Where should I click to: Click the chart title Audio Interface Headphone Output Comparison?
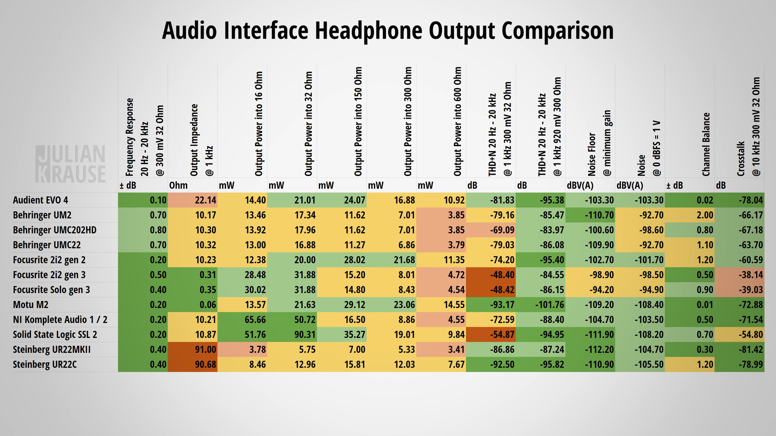point(388,31)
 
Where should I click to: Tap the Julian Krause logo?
point(71,164)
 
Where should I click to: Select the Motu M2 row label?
point(31,305)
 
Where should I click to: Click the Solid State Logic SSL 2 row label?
point(55,335)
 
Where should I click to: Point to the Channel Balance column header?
point(706,144)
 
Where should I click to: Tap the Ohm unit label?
point(179,186)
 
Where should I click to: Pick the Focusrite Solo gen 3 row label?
point(51,290)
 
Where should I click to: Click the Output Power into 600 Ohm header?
point(458,121)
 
